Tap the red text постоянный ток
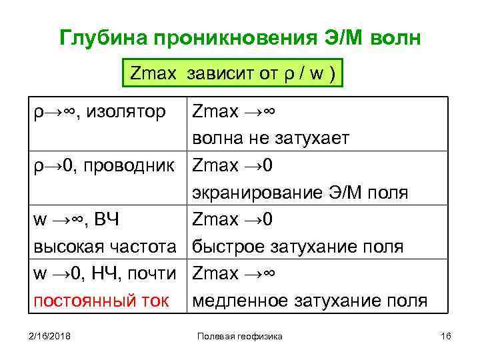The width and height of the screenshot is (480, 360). point(100,301)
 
